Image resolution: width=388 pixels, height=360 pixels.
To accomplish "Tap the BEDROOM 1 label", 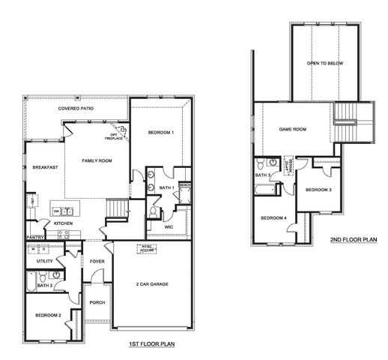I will [160, 133].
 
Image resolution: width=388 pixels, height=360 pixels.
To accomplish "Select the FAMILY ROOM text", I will [97, 161].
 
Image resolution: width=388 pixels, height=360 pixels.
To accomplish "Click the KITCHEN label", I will [63, 223].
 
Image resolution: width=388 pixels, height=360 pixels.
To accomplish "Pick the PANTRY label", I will [36, 237].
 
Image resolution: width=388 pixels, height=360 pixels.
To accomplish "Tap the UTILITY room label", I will [45, 260].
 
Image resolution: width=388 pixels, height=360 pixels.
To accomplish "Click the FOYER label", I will [97, 261].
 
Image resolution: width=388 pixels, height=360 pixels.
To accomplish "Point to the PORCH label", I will [97, 303].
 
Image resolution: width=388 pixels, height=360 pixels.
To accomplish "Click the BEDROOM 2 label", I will [46, 315].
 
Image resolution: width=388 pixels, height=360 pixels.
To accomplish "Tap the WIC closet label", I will [169, 226].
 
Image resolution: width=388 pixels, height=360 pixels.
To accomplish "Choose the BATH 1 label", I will [166, 187].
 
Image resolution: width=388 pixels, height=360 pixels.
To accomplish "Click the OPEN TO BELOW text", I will [325, 64].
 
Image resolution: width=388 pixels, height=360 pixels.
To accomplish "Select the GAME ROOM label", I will [293, 130].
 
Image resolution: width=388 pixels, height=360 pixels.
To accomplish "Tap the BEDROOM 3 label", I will [318, 190].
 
